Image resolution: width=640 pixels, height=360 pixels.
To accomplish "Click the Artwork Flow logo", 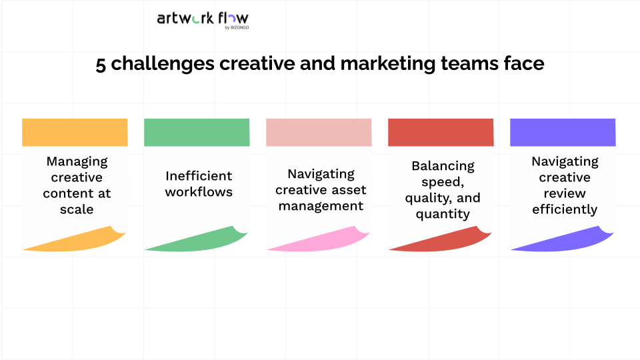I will tap(202, 19).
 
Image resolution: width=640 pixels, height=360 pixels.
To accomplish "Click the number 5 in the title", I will tap(101, 65).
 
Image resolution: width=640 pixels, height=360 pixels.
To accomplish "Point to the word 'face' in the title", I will tap(523, 65).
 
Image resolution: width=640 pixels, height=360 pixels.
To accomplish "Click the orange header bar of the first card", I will tap(75, 132).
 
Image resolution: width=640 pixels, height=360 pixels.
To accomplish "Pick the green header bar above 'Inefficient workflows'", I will tap(197, 132).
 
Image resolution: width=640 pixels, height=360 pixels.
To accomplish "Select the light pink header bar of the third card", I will tap(319, 132).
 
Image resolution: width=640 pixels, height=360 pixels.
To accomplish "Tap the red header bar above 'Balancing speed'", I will tap(441, 132).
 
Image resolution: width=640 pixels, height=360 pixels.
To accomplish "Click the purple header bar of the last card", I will tap(563, 132).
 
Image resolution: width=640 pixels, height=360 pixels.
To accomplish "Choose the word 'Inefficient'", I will tap(199, 176).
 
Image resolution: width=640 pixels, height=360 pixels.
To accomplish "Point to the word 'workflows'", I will tap(199, 192).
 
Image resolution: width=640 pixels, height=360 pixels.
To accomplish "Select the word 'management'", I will tap(321, 205).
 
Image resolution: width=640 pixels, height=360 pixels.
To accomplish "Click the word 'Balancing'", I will tap(443, 166).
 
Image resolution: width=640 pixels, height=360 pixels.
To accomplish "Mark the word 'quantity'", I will tap(443, 214).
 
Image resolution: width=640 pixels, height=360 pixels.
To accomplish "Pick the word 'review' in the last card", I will tap(565, 193).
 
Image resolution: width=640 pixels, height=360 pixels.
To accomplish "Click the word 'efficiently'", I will tap(565, 209).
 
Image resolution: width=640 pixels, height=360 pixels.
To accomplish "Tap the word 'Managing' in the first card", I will tap(77, 161).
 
